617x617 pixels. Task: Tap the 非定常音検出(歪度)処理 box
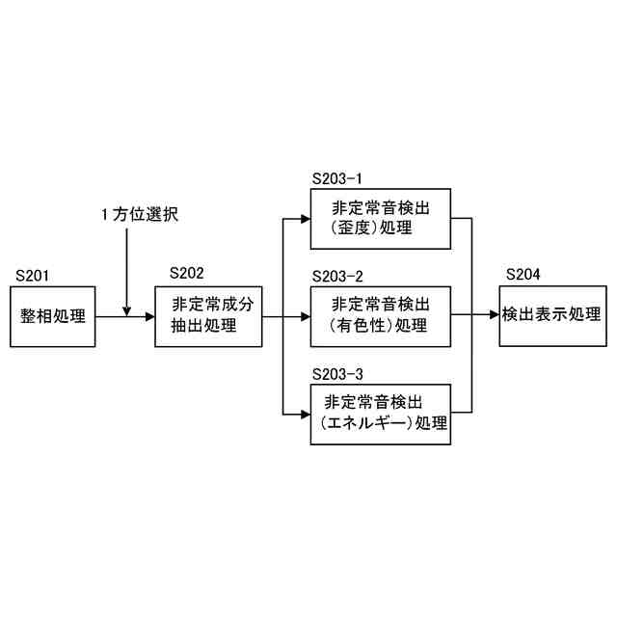pos(380,218)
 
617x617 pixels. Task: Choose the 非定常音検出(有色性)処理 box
pos(380,315)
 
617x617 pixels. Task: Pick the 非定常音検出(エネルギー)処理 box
pos(380,413)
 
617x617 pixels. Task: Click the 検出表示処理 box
pos(551,315)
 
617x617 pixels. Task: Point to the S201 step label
pos(33,276)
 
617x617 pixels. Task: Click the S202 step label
pos(186,275)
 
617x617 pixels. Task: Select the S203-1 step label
pos(337,178)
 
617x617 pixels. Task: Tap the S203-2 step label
pos(337,276)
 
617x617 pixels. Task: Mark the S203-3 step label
pos(337,373)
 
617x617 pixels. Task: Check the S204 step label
pos(523,275)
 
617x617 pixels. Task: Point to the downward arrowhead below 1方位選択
pos(127,309)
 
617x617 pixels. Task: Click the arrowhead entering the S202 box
pos(150,315)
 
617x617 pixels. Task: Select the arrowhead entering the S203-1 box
pos(304,218)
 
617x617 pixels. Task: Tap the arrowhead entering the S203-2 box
pos(304,315)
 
